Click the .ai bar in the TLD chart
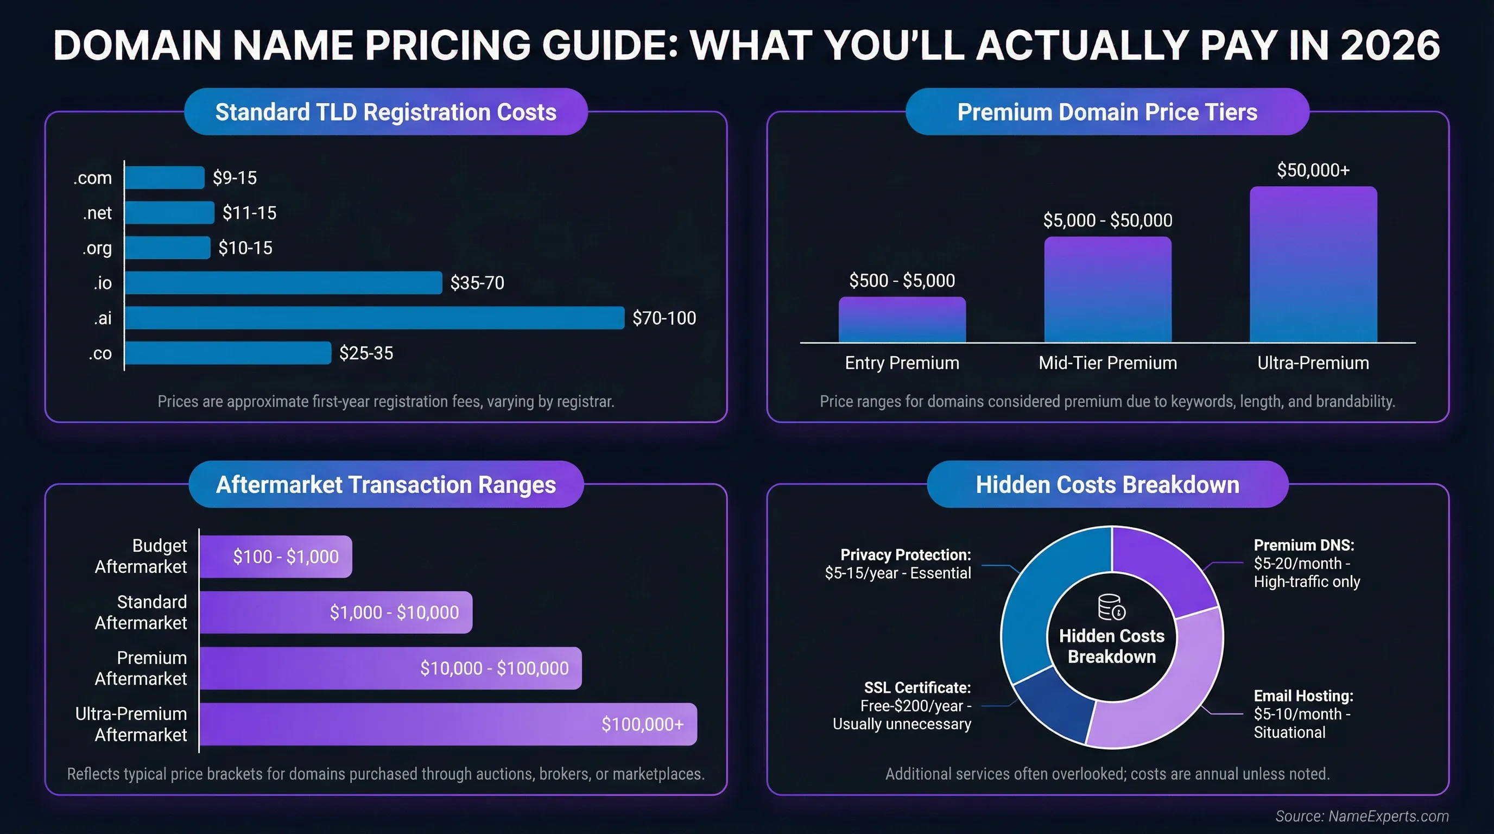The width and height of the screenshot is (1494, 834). tap(374, 318)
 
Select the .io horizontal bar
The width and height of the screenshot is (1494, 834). tap(283, 283)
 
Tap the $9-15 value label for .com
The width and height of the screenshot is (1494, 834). tap(235, 178)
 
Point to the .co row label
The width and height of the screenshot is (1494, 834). tap(100, 353)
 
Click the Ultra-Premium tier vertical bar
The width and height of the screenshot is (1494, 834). tap(1313, 264)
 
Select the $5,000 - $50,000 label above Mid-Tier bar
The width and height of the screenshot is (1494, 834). tap(1107, 220)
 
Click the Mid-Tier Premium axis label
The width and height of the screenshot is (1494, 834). tap(1107, 363)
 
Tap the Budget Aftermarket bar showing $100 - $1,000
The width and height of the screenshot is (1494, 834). tap(275, 556)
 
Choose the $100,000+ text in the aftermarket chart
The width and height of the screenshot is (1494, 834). tap(642, 724)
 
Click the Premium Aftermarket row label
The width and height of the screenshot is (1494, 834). tap(141, 668)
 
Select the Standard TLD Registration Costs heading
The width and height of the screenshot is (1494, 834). tap(385, 112)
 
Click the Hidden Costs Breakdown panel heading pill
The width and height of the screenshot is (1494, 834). tap(1107, 484)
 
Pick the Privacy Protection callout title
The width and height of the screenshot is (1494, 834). tap(906, 555)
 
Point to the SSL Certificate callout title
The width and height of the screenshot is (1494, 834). tap(917, 688)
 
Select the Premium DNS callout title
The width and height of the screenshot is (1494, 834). tap(1304, 545)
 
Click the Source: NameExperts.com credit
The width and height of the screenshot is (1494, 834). tap(1361, 816)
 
